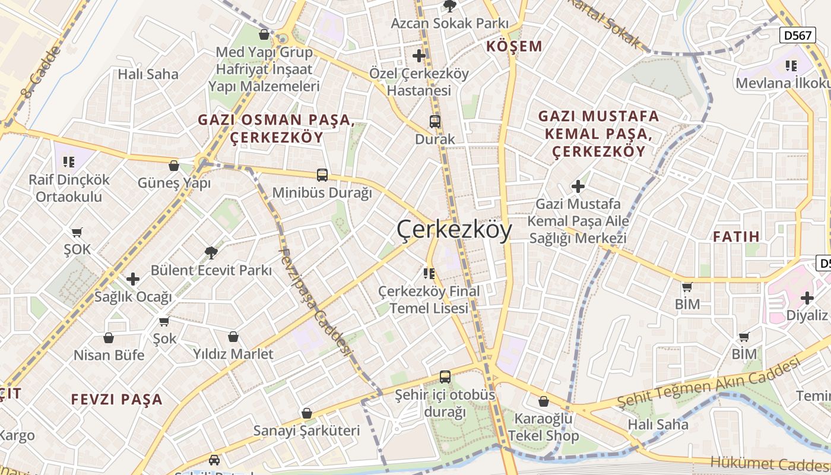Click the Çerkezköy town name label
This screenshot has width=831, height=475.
pyautogui.click(x=454, y=229)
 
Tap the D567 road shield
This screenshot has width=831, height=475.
pyautogui.click(x=797, y=35)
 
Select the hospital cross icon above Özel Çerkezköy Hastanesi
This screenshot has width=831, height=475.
pyautogui.click(x=419, y=56)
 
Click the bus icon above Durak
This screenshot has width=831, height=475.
pyautogui.click(x=435, y=122)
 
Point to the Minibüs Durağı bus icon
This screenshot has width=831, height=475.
pyautogui.click(x=322, y=175)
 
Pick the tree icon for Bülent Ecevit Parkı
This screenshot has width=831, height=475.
pyautogui.click(x=211, y=252)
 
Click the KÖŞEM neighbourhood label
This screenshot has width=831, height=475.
pyautogui.click(x=514, y=46)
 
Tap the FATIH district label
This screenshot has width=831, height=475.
pyautogui.click(x=736, y=236)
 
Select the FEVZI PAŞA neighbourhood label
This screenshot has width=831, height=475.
pyautogui.click(x=117, y=399)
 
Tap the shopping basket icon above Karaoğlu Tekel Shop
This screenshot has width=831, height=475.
pyautogui.click(x=544, y=401)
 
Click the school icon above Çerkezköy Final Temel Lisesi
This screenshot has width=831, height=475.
pyautogui.click(x=429, y=273)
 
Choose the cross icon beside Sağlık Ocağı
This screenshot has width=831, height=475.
pyautogui.click(x=133, y=278)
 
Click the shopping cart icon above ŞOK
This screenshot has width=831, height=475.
pyautogui.click(x=77, y=232)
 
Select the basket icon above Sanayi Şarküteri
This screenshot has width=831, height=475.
pyautogui.click(x=307, y=413)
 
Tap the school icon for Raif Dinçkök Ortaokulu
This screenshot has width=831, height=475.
pyautogui.click(x=69, y=161)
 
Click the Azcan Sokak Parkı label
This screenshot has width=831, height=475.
pyautogui.click(x=449, y=23)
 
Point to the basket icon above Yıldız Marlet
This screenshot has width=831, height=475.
pyautogui.click(x=233, y=337)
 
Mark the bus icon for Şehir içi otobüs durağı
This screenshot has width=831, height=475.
pyautogui.click(x=445, y=376)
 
